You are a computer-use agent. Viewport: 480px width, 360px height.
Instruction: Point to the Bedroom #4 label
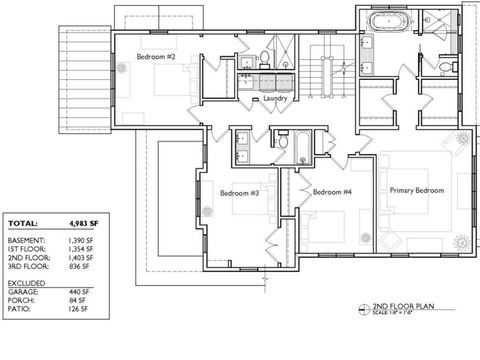331,192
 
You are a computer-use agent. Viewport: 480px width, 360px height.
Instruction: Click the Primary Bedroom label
416,189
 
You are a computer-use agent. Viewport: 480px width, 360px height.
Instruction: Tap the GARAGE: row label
24,293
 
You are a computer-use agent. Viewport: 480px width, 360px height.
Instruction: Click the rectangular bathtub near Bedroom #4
297,145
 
